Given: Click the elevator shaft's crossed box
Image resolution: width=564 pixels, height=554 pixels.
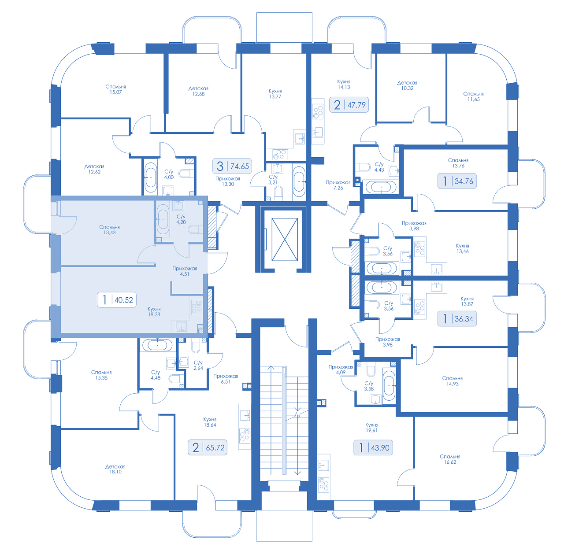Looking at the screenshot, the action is point(285,239).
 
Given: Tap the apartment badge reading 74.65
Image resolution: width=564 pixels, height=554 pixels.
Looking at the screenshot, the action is point(232,166).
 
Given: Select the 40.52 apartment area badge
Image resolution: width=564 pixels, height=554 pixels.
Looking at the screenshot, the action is point(116,300).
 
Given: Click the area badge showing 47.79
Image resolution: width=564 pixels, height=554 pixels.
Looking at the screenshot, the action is point(349,104).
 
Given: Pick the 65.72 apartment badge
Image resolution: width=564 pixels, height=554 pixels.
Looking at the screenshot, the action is point(207,447).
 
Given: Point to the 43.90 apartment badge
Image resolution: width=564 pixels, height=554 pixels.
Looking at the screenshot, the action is point(373,447).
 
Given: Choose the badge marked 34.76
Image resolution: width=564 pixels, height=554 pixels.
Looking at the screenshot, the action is point(457,181).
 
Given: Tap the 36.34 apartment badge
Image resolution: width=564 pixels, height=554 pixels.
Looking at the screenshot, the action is point(457,318).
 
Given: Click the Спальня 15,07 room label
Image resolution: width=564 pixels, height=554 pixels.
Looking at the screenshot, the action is point(115,89).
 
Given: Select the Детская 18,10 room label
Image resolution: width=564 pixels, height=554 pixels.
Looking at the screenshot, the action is point(115,469).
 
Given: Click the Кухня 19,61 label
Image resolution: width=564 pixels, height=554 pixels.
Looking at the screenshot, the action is point(372,427).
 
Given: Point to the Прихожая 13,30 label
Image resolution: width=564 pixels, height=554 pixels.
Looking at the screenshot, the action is point(228,181).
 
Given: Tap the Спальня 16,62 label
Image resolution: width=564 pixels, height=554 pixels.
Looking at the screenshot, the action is point(450,459).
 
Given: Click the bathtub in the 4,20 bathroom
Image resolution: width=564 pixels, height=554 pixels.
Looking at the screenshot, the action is point(163,219).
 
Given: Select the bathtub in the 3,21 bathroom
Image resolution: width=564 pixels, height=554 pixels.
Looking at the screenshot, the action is point(299,181).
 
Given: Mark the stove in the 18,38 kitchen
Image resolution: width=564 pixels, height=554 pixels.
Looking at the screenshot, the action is point(197,307).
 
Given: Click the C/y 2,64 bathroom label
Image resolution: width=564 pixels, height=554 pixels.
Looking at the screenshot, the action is point(198,365).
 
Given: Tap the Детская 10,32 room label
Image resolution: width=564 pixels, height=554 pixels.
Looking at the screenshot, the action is point(407,85).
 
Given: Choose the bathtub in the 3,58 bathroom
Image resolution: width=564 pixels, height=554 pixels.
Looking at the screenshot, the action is point(389,385).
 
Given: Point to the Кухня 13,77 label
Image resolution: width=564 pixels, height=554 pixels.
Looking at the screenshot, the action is point(275,94).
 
